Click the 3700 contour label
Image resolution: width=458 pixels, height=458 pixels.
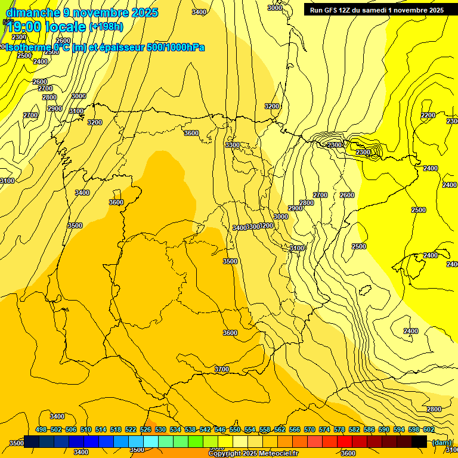click(221, 369)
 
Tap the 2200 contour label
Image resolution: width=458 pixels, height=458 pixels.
click(428, 115)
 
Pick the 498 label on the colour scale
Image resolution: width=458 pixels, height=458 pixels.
click(41, 430)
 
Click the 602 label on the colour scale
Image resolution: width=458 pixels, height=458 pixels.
click(429, 430)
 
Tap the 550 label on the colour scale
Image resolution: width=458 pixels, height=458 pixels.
click(235, 430)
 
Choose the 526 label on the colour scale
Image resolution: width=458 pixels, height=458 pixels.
click(146, 430)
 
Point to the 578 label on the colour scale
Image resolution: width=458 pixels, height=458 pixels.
click(339, 430)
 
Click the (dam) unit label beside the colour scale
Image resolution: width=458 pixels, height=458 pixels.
click(442, 442)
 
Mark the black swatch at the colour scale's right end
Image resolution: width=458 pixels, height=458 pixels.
click(419, 441)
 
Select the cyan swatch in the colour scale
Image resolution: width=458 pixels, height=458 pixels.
click(151, 441)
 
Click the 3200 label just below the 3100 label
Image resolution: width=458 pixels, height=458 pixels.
click(94, 122)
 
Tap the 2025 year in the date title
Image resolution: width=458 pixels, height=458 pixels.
click(141, 13)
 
